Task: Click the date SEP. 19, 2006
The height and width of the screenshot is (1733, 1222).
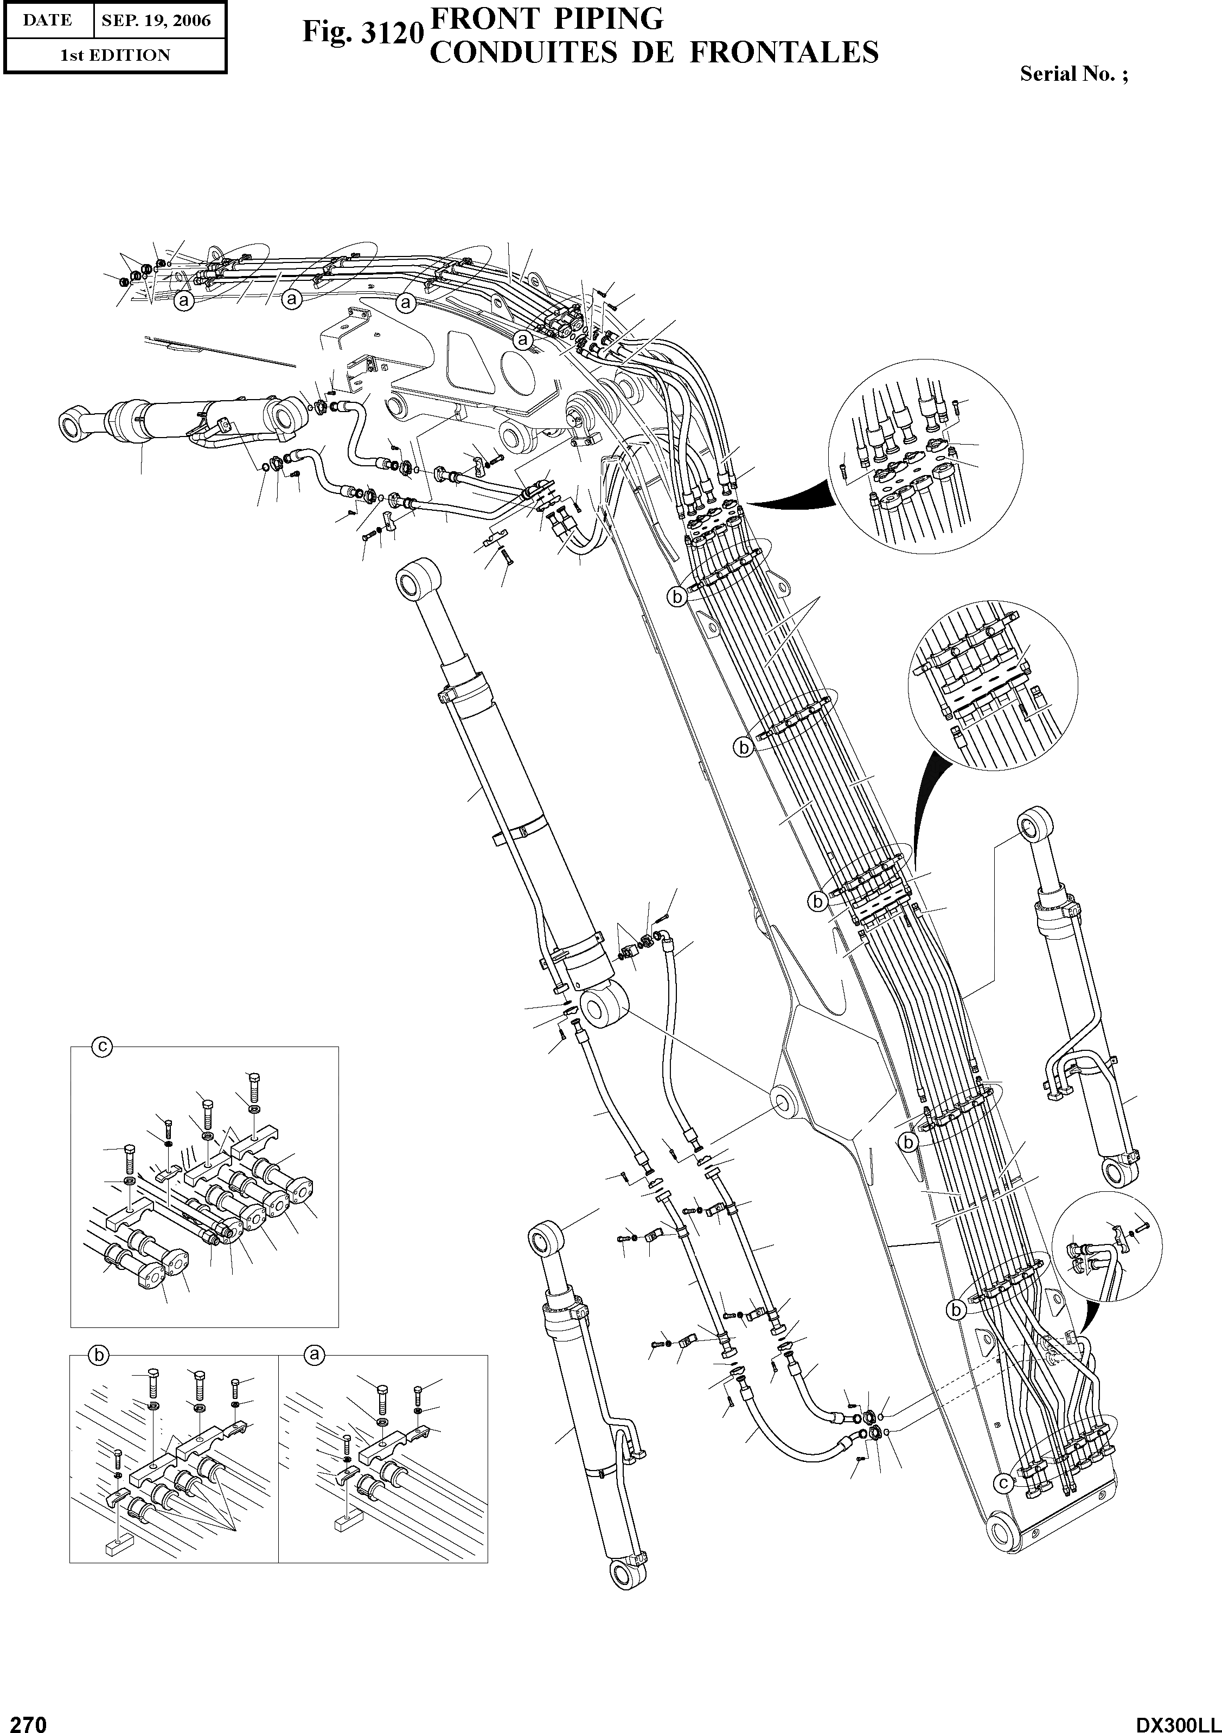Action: tap(157, 21)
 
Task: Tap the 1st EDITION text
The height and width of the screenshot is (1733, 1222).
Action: tap(116, 55)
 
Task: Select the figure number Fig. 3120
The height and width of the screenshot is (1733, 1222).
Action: tap(361, 33)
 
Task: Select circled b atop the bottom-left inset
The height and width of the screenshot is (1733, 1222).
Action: tap(98, 1356)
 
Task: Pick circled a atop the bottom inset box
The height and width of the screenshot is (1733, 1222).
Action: tap(316, 1356)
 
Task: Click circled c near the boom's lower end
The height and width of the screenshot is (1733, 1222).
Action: tap(1002, 1483)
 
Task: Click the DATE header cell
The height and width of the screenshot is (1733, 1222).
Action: tap(47, 21)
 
